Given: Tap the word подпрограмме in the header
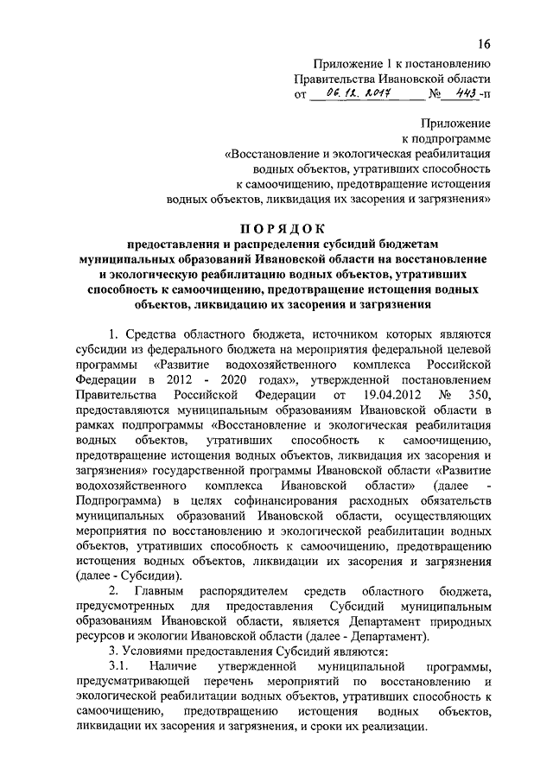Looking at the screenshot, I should [454, 137].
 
